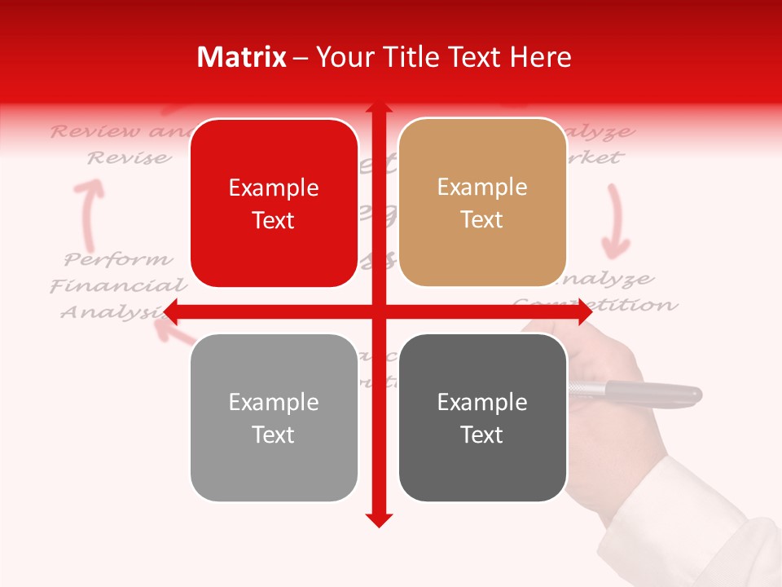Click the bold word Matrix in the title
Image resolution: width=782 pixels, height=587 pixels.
coord(242,57)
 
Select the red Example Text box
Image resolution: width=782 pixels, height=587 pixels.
coord(274,204)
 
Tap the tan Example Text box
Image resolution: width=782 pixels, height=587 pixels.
coord(482,203)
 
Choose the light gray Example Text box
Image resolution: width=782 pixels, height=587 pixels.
coord(274,417)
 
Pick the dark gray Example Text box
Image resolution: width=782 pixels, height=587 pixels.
coord(482,417)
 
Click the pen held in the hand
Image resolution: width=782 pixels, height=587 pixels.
coord(644,392)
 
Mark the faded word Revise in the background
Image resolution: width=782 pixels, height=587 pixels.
coord(130,158)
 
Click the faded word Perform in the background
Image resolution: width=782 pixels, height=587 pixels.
coord(119,260)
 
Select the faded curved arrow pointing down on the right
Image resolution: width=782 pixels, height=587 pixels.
coord(616,220)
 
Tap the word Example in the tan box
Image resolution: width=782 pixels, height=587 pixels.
coord(482,188)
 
